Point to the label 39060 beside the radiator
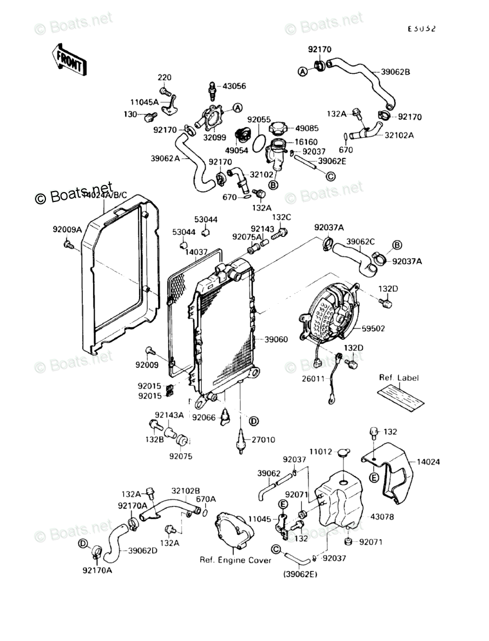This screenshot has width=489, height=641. (x=276, y=339)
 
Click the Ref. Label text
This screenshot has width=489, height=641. (x=398, y=378)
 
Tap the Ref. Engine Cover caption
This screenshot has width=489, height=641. (x=235, y=560)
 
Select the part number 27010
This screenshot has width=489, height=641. (x=263, y=440)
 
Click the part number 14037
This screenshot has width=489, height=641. (x=197, y=252)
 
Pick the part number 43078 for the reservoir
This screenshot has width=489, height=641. (x=382, y=516)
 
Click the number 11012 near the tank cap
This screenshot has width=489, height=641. (x=321, y=452)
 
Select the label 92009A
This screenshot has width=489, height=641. (x=67, y=229)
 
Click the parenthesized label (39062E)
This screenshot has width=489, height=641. (x=301, y=574)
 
